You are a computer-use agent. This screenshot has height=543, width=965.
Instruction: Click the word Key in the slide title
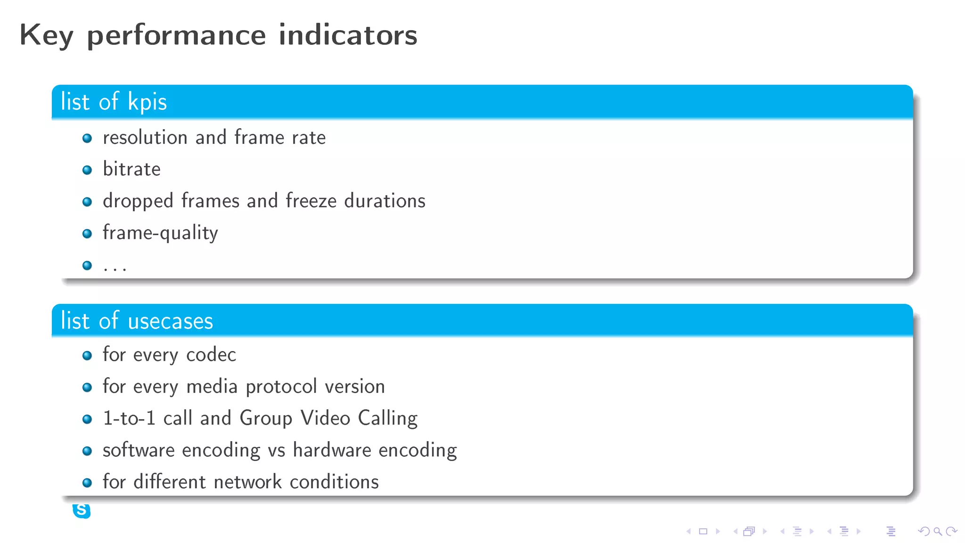[46, 36]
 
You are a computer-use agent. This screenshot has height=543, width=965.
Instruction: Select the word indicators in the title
[348, 35]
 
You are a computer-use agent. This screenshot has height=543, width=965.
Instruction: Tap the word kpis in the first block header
[147, 102]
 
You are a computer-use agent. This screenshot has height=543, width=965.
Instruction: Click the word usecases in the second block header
[170, 321]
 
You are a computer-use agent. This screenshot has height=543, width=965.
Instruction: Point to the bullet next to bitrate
[87, 170]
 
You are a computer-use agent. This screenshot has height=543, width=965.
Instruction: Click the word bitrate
[131, 169]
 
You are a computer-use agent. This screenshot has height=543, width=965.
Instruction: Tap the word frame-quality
[160, 233]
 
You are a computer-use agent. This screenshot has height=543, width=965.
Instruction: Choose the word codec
[211, 355]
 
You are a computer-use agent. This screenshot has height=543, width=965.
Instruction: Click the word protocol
[281, 387]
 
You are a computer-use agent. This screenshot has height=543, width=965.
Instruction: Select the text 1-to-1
[129, 419]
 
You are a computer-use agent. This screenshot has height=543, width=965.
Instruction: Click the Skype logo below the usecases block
[82, 510]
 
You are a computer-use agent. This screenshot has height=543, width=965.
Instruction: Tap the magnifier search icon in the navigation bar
[938, 531]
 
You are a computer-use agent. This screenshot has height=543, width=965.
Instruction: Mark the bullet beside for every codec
[87, 355]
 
